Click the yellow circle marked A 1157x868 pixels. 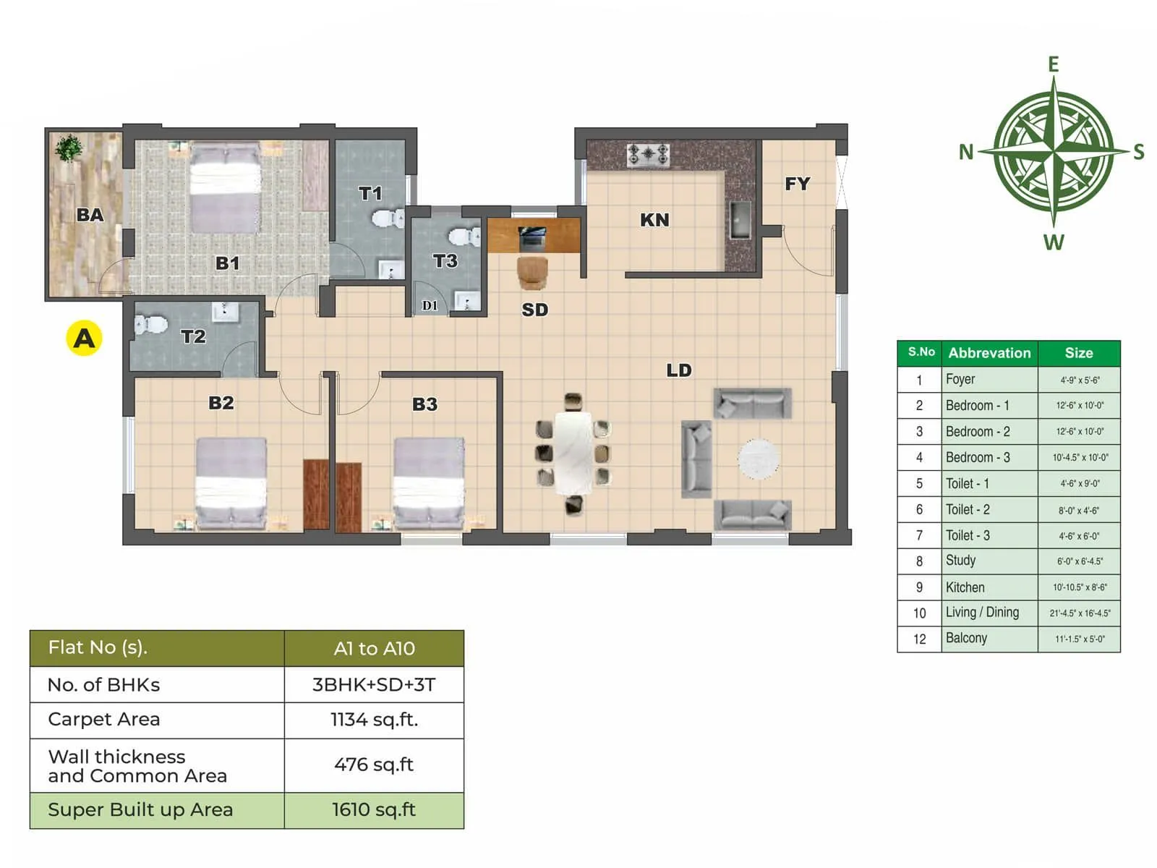coord(84,338)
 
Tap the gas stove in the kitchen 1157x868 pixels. coord(648,154)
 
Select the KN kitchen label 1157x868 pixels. coord(654,220)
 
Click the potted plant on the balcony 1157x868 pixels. coord(69,148)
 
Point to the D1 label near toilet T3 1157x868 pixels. coord(430,305)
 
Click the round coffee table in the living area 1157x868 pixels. coord(758,459)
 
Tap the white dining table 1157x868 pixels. coord(573,453)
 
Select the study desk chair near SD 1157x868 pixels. coord(532,272)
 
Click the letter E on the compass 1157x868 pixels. coord(1054,64)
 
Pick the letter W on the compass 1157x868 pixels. coord(1054,242)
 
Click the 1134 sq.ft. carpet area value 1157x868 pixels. coord(374,720)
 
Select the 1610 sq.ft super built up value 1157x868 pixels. coord(374,809)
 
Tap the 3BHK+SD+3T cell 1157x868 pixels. coord(374,684)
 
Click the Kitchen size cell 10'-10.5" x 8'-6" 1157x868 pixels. coord(1079,587)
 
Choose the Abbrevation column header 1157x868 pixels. coord(989,353)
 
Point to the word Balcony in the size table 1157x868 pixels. coord(966,638)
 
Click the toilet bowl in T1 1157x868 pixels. coord(388,218)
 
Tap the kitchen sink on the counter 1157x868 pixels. coord(740,220)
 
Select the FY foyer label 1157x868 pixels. coord(797,184)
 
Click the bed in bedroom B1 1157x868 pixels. coord(225,188)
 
